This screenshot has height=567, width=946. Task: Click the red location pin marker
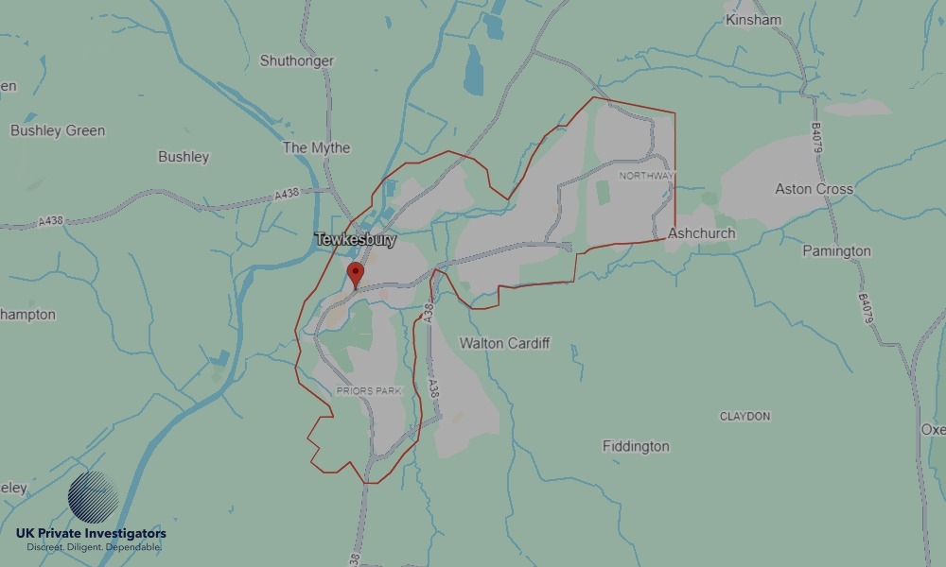[356, 275]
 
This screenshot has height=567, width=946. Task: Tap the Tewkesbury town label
[355, 241]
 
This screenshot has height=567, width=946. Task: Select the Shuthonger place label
[296, 60]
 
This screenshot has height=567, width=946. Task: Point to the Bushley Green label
[58, 130]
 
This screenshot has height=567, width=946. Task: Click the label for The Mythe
[316, 147]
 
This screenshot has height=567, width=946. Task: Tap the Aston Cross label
[814, 189]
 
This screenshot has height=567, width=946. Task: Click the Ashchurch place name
[701, 233]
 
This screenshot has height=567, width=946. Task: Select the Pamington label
[836, 251]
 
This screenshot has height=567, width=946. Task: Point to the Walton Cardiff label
[504, 343]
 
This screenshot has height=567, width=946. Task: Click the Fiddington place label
[636, 446]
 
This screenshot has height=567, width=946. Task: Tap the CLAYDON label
[745, 416]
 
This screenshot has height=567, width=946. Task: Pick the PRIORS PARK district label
[369, 390]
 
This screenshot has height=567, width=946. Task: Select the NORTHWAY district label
[647, 176]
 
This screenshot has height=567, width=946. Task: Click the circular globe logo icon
[93, 498]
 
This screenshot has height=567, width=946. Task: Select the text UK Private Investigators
[91, 534]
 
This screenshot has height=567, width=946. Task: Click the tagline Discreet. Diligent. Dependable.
[91, 548]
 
